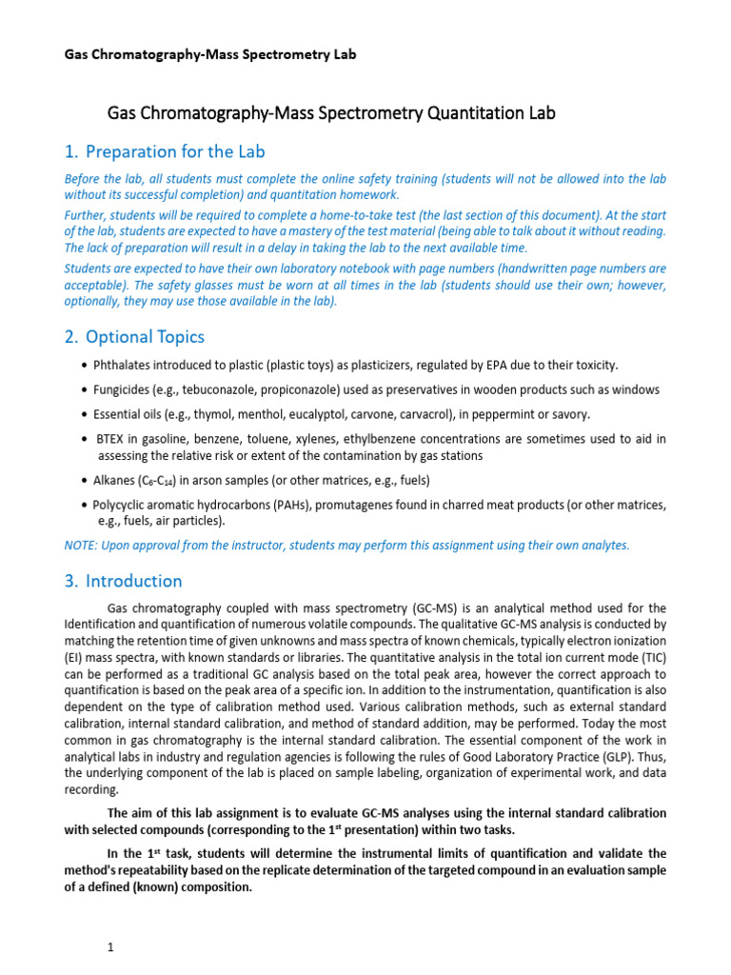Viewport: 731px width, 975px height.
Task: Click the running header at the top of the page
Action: click(209, 54)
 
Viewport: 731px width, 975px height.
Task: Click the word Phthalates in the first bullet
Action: click(124, 366)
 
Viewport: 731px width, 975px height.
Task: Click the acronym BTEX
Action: click(114, 439)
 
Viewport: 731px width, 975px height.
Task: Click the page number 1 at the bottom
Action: click(110, 948)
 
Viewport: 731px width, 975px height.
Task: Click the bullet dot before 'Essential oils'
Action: click(87, 415)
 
